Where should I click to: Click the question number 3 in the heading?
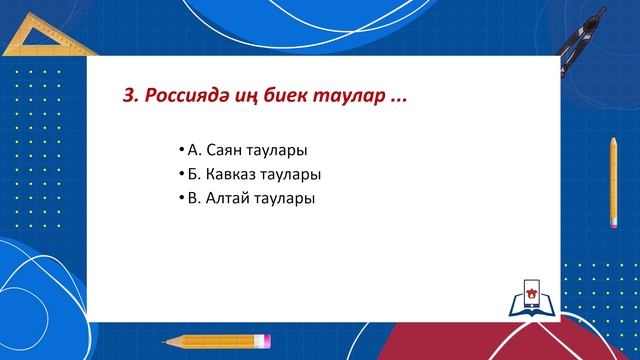click(x=126, y=97)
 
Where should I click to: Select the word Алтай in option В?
click(x=227, y=198)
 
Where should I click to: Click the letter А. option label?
click(x=194, y=151)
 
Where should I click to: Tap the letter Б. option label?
click(x=193, y=175)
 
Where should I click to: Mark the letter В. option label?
click(x=193, y=198)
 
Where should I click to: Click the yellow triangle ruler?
click(x=40, y=35)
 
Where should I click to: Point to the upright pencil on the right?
click(x=612, y=185)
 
